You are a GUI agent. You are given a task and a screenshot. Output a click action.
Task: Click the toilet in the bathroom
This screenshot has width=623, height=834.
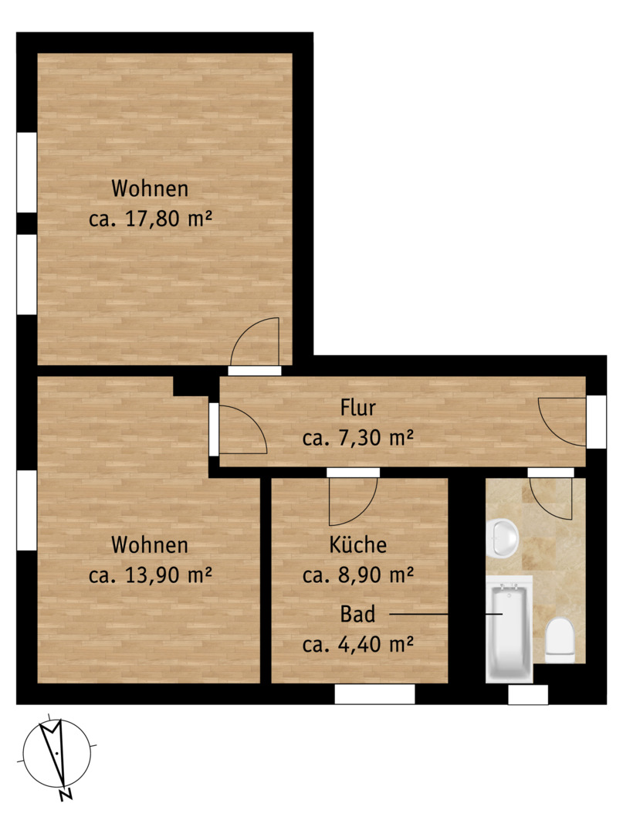click(560, 640)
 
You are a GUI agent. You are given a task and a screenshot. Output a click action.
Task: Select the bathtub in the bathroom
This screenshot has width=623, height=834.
click(510, 629)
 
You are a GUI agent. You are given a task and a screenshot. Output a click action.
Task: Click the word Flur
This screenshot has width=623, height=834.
click(357, 408)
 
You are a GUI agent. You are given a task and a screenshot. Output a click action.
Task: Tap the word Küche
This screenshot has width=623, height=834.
click(357, 544)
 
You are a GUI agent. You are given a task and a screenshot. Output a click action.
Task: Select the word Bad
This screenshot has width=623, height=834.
click(357, 614)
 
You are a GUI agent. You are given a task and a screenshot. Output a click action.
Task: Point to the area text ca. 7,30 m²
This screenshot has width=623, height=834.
click(357, 439)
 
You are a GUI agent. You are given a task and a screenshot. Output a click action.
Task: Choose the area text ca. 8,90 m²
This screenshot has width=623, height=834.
click(357, 575)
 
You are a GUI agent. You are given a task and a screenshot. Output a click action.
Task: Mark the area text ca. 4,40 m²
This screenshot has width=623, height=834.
click(357, 645)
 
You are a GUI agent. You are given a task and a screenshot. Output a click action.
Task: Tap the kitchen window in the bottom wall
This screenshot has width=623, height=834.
click(374, 694)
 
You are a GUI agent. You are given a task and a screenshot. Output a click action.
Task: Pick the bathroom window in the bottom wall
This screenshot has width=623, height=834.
click(528, 695)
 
